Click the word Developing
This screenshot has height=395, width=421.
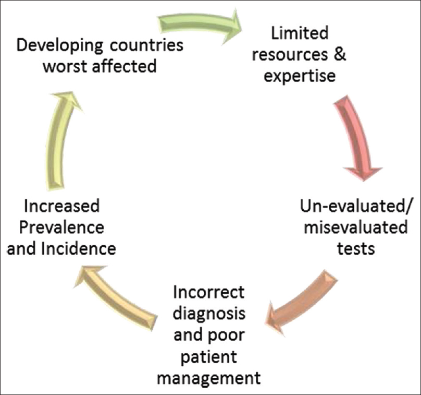tap(59, 46)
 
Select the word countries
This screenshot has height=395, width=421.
tap(146, 45)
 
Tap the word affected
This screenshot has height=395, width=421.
tap(125, 66)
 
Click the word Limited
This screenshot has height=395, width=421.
tap(300, 33)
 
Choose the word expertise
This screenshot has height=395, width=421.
tap(300, 76)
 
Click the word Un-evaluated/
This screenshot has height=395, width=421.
tap(355, 207)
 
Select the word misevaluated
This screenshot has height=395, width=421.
tap(356, 227)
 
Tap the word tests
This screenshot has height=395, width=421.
tap(356, 248)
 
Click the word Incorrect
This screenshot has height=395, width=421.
tap(208, 292)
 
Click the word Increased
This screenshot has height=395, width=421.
tap(62, 206)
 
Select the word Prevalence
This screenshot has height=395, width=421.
tap(62, 227)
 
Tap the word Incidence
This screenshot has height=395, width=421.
tap(79, 248)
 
